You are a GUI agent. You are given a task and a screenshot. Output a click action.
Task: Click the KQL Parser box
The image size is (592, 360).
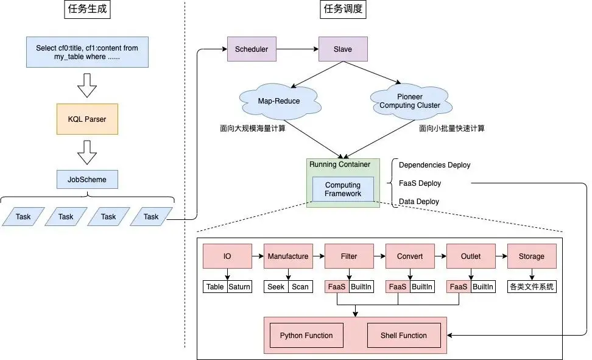[x=87, y=119]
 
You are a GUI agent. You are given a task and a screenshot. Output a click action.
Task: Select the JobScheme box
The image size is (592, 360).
[x=87, y=180]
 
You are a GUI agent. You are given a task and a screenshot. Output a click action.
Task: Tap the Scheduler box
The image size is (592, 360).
[x=252, y=49]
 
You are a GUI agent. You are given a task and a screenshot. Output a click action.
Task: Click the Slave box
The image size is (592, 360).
[x=343, y=49]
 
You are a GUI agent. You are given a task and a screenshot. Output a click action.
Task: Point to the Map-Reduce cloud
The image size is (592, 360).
[x=279, y=101]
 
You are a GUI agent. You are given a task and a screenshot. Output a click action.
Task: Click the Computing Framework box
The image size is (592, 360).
[x=343, y=189]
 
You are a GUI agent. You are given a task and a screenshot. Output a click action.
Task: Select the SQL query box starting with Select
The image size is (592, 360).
[x=87, y=52]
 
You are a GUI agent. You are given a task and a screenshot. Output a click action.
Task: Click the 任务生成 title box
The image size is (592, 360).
[x=87, y=10]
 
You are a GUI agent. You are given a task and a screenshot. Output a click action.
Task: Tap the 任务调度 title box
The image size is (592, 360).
[x=343, y=10]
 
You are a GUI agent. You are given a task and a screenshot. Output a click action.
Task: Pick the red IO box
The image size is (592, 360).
[x=227, y=256]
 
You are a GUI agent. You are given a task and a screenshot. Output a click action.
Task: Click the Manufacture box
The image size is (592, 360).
[x=288, y=256]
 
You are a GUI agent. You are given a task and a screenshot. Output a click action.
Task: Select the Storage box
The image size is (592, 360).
[x=532, y=256]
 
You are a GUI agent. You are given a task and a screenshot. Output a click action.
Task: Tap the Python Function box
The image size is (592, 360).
[x=306, y=336]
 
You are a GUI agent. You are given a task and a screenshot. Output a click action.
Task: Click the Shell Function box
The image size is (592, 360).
[x=404, y=336]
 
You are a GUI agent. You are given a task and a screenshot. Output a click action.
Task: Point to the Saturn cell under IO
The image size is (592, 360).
[x=239, y=287]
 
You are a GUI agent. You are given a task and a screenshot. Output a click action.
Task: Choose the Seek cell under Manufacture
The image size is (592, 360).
[x=276, y=287]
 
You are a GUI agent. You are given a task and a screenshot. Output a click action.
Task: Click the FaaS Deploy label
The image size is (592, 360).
[x=420, y=183]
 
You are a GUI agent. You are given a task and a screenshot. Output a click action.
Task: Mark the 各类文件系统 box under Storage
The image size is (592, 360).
[x=532, y=287]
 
